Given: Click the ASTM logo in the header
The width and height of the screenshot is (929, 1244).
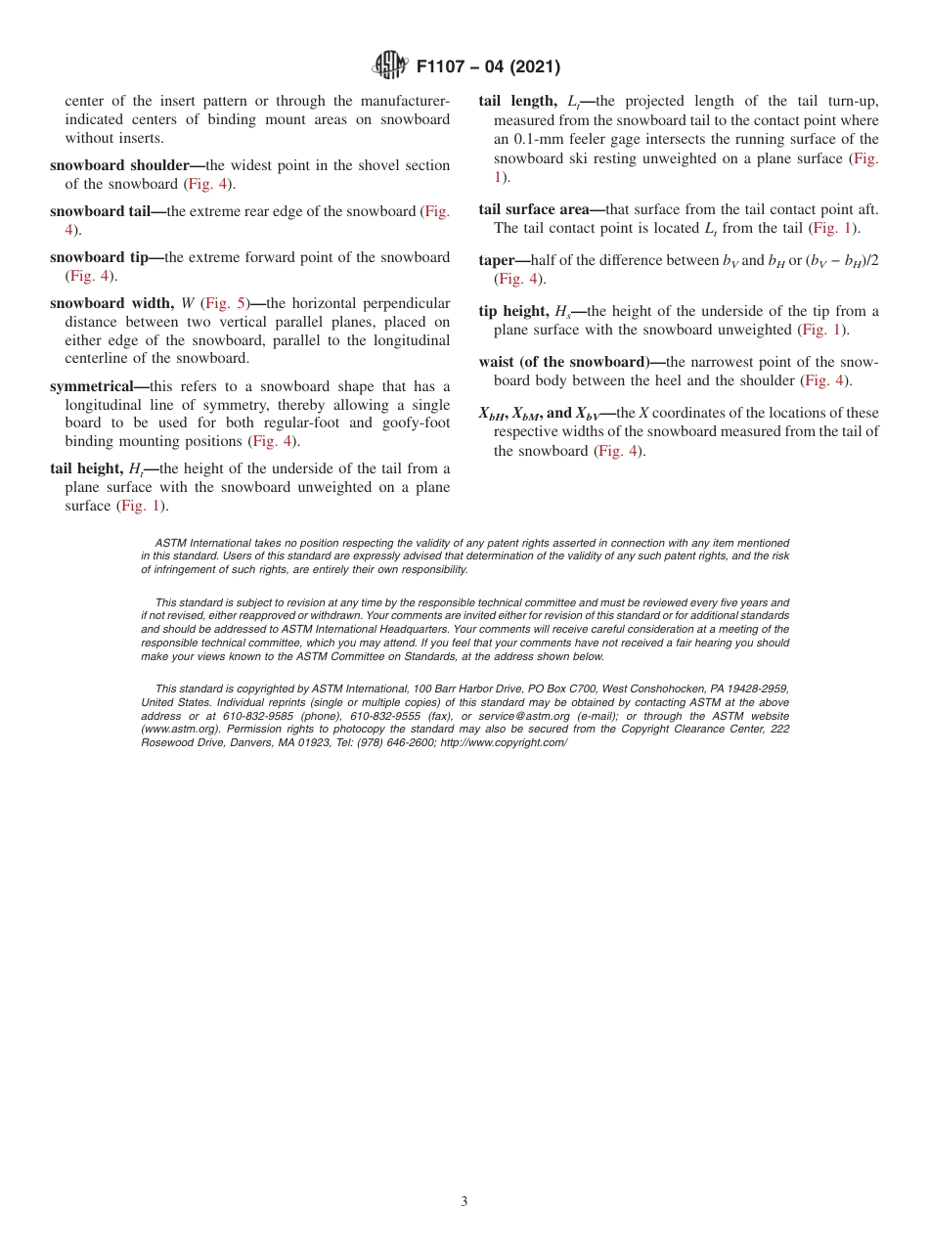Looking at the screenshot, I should pos(391,67).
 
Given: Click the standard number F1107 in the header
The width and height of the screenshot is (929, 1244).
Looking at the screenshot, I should pos(445,67).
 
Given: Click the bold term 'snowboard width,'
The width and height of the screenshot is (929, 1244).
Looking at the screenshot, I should pos(112,303).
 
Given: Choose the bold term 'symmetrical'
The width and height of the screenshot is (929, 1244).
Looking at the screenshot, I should pos(91,386).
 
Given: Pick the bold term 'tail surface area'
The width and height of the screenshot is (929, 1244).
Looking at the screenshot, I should pos(534,209).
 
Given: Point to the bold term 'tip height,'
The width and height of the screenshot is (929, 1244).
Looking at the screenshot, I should pos(513,311).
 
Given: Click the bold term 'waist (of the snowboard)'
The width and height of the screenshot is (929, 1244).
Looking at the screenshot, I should pos(563,362).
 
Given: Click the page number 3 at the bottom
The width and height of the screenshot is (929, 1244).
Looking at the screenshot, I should pos(464,1202).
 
